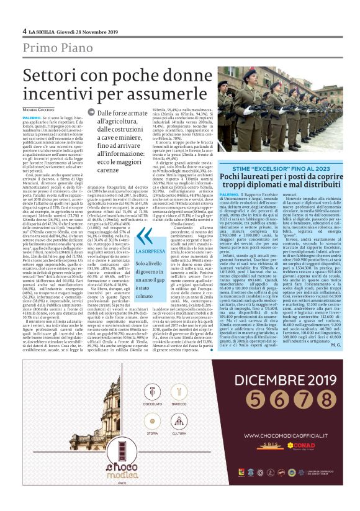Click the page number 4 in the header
point(24,31)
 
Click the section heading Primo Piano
point(55,49)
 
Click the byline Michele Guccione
point(38,109)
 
